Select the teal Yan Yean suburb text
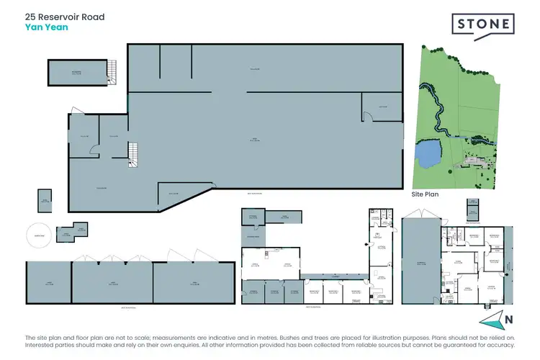(45, 28)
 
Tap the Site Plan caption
(425, 194)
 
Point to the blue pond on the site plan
(430, 153)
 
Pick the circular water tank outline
(39, 235)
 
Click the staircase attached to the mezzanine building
(112, 70)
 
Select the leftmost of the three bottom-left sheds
(48, 283)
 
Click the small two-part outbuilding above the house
(472, 210)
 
